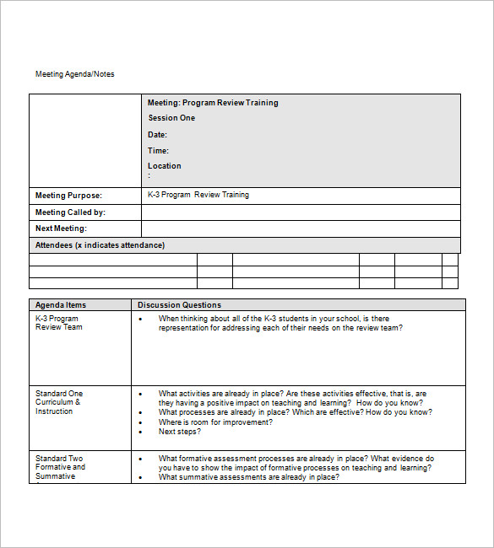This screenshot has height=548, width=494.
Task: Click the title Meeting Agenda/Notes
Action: tap(74, 74)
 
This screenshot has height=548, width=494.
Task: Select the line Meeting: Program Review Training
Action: tap(213, 103)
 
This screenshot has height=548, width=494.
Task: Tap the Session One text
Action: tap(171, 118)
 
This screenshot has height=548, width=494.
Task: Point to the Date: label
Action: tap(158, 135)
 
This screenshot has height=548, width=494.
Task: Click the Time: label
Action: tap(159, 151)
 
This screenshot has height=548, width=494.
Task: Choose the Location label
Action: tap(165, 166)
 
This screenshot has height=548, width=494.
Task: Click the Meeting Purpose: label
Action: tap(68, 196)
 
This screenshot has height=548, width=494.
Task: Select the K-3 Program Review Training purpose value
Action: tap(198, 195)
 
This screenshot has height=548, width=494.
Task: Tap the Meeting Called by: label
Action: tap(70, 212)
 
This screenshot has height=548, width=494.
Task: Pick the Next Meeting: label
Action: tap(61, 228)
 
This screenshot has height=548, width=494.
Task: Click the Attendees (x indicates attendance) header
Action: tap(100, 245)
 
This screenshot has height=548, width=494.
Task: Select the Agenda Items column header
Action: tap(61, 305)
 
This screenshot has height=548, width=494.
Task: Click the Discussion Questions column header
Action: tap(179, 305)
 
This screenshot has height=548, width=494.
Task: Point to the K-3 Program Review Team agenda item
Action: tap(59, 323)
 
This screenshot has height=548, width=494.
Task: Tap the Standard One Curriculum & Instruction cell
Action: tap(59, 402)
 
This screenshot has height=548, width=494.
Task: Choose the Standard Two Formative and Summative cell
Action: tap(60, 467)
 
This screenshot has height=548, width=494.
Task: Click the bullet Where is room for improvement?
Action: tap(215, 422)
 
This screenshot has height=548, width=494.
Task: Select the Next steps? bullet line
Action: tap(180, 432)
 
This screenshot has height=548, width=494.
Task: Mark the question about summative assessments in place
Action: tap(249, 477)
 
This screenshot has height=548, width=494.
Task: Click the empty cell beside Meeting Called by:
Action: tap(301, 212)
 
